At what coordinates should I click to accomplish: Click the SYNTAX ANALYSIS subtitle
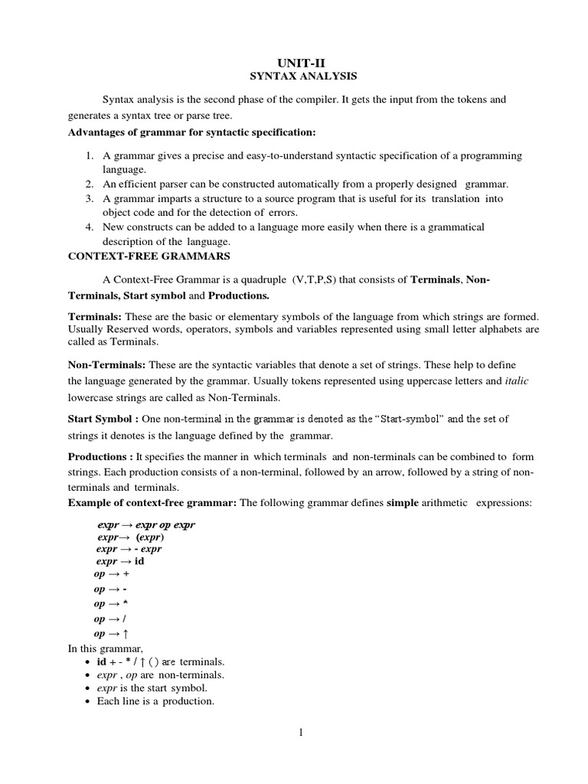pos(295,77)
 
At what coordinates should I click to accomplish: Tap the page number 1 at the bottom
pos(302,733)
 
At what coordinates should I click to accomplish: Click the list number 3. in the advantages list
pos(90,198)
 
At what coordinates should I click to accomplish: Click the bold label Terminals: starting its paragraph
pos(93,316)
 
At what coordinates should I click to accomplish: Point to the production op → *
pos(109,604)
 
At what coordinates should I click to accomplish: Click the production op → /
pos(109,619)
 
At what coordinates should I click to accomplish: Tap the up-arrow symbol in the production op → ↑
pos(126,634)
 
